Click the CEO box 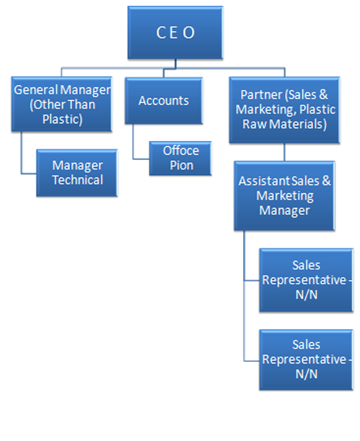[175, 32]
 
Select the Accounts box [164, 101]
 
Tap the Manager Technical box [77, 173]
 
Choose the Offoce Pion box [181, 158]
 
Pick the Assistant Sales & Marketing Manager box [284, 196]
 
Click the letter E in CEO [175, 33]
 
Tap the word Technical [78, 180]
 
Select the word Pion [182, 166]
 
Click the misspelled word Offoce [181, 151]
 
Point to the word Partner [261, 95]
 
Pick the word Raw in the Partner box [255, 124]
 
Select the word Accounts [164, 101]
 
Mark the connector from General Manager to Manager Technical [22, 154]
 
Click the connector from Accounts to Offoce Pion [134, 144]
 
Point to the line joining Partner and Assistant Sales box [284, 152]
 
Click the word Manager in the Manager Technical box [77, 166]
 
